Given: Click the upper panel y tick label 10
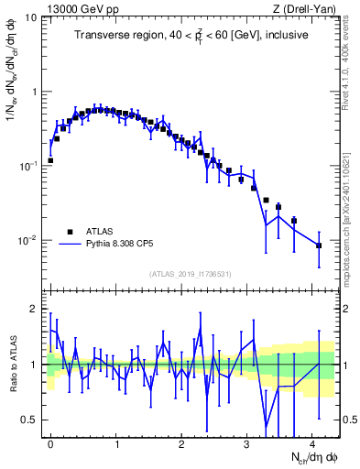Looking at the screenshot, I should (29, 17).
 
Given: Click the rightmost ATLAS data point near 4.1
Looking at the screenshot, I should (319, 245).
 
